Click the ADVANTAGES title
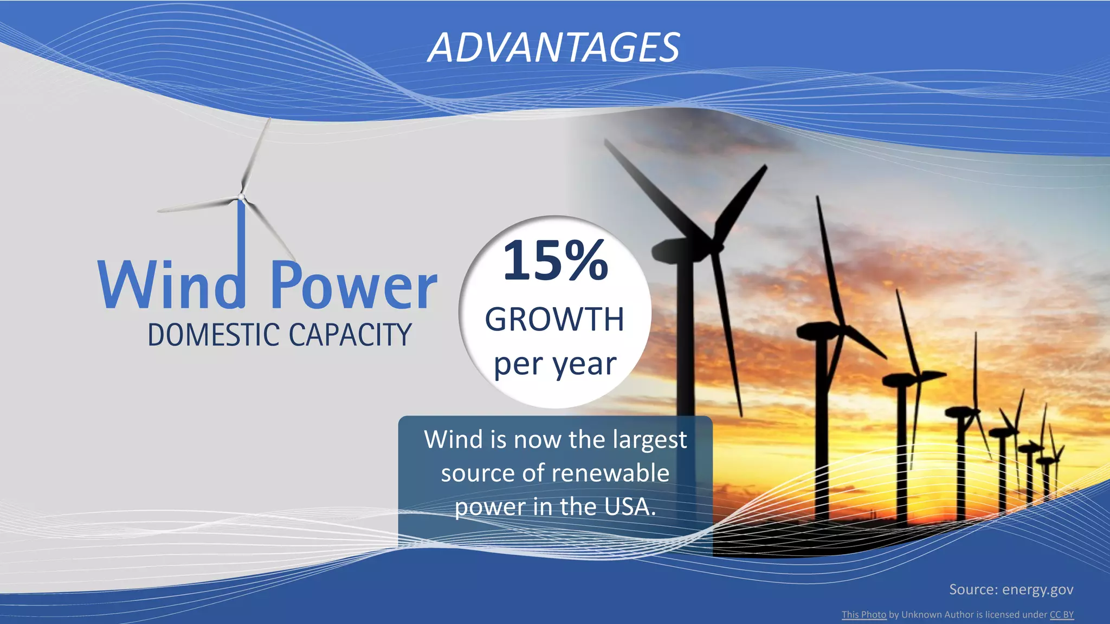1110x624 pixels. (x=553, y=48)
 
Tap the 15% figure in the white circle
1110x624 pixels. (x=556, y=261)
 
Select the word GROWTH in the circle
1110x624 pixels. (x=554, y=319)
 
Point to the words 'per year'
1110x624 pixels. (x=555, y=364)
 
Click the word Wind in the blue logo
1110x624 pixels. (x=171, y=285)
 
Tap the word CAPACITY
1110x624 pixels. (x=350, y=335)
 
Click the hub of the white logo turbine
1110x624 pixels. (x=241, y=197)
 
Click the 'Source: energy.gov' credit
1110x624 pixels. (x=1011, y=589)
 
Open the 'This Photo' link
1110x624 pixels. (x=863, y=615)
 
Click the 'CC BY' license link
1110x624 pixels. (x=1061, y=615)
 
